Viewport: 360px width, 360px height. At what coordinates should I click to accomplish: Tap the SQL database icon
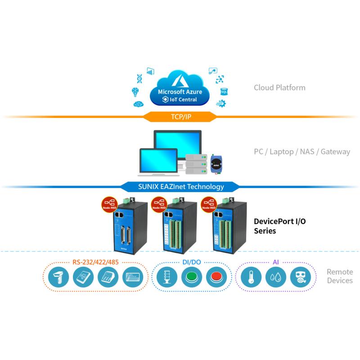click(224, 92)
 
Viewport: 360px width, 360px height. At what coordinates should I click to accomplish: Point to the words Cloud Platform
click(279, 87)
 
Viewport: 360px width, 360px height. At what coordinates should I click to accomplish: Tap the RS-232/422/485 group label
click(95, 262)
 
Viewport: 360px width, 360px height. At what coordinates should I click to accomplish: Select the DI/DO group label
click(192, 262)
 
